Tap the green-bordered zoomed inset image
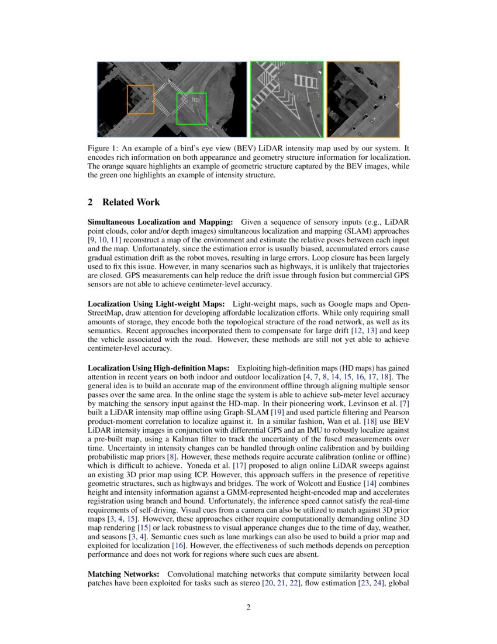(x=287, y=99)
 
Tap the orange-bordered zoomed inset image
(x=363, y=99)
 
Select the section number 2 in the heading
(x=90, y=202)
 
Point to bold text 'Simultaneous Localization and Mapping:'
(x=160, y=222)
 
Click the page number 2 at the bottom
(x=248, y=607)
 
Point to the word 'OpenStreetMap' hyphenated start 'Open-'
(x=401, y=304)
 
